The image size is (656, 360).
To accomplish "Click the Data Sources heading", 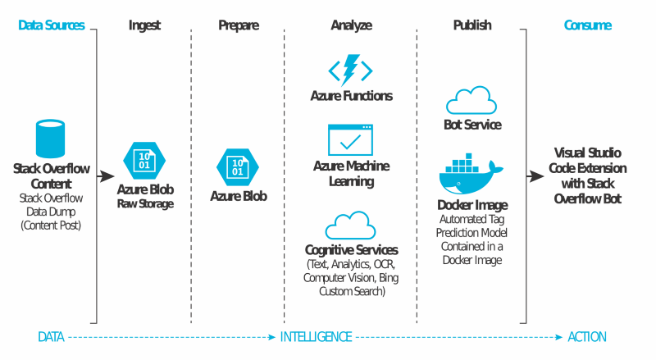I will coord(51,25).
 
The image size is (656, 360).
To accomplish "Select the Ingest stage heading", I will coord(144,25).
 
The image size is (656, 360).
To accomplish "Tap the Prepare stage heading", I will coord(238,25).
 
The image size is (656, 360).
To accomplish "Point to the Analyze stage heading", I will coord(351,25).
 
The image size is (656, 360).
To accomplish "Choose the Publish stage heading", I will coord(472,25).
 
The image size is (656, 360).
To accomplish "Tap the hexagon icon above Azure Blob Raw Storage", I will coord(144,160).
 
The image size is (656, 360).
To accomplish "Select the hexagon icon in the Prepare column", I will coord(238,167).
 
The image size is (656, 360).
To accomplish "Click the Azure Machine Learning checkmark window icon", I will coord(351,139).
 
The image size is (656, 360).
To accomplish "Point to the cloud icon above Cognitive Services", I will coord(351,225).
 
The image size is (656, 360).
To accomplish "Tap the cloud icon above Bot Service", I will coord(471,101).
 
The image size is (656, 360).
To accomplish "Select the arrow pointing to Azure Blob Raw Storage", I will coord(106,175).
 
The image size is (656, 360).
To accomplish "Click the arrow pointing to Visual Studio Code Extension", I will coord(533,175).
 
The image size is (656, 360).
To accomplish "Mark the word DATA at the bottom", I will coord(51,337).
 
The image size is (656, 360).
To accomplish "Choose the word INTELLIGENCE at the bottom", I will coord(317,337).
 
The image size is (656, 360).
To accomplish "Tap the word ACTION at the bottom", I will coord(587,337).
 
